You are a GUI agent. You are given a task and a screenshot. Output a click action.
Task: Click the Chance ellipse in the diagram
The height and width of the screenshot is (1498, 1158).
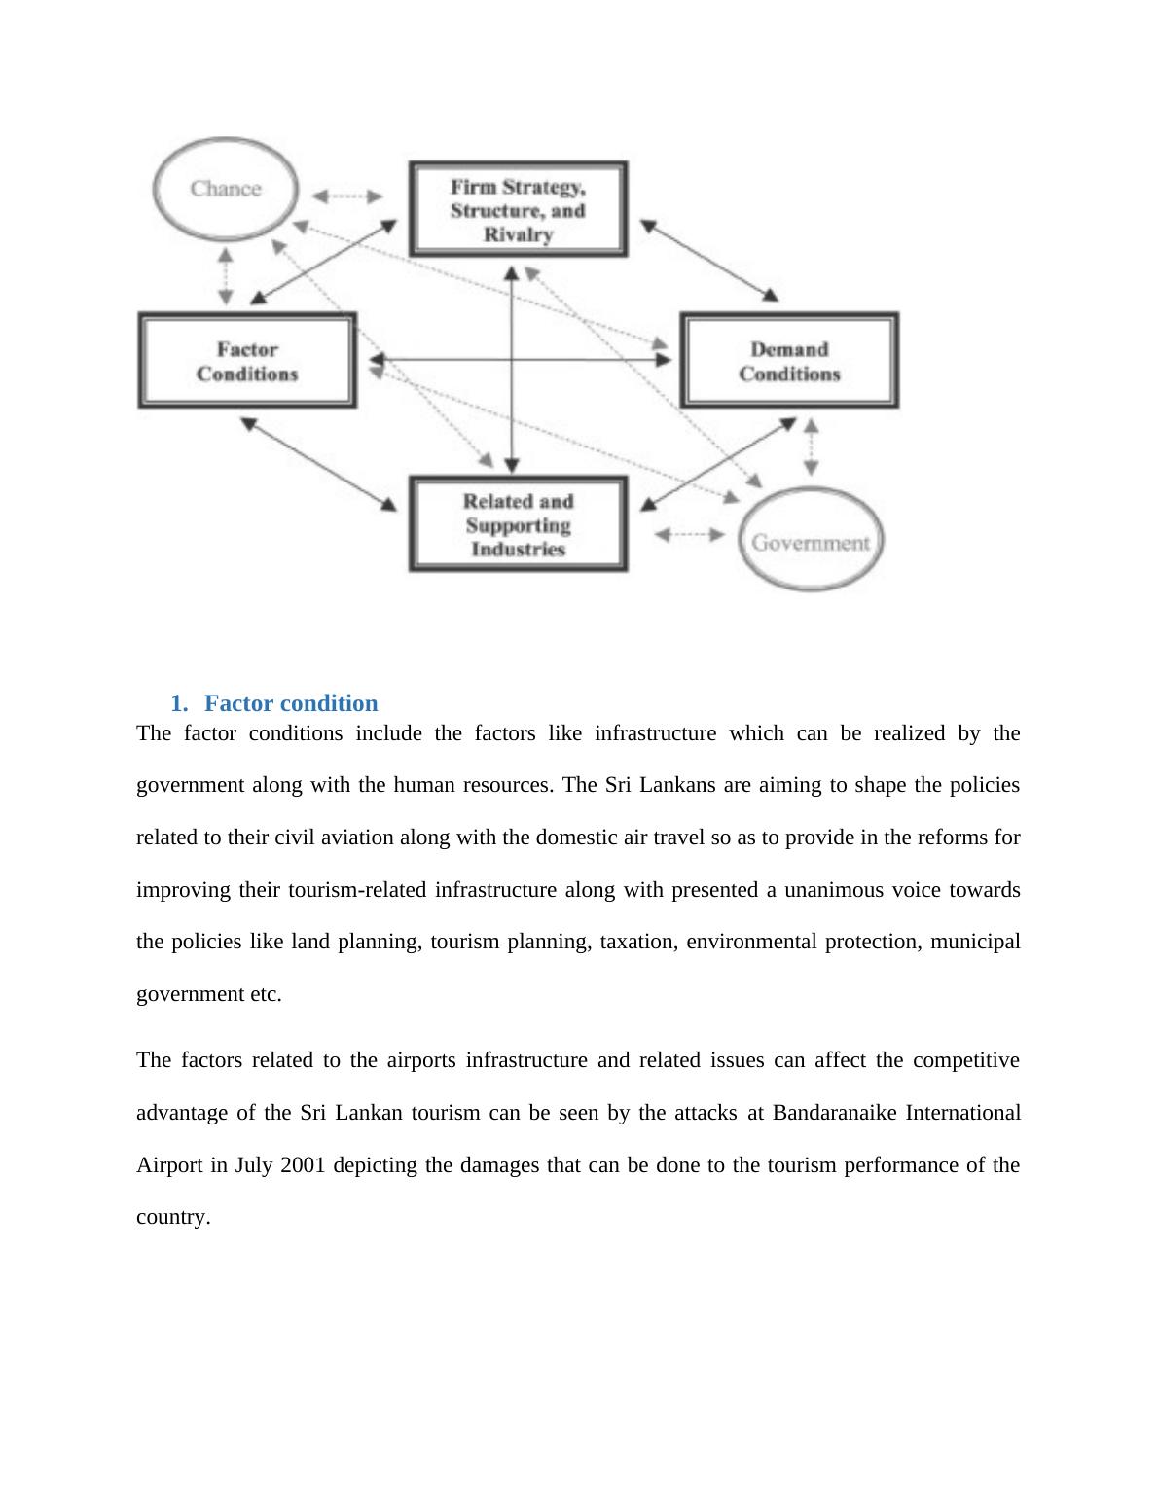point(225,189)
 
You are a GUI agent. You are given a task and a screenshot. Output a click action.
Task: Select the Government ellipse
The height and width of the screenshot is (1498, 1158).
point(810,542)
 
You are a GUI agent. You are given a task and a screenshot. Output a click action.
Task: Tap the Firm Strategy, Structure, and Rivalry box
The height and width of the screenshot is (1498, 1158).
point(518,210)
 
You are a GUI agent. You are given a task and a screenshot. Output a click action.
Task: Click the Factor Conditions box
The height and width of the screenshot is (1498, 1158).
point(247,361)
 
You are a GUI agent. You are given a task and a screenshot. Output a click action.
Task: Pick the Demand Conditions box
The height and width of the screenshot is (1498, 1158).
point(788,361)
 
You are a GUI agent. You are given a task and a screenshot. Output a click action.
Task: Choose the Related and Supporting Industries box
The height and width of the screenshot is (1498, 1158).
point(518,525)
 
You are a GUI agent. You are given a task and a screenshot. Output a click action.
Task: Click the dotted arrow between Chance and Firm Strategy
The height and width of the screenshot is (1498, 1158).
point(347,196)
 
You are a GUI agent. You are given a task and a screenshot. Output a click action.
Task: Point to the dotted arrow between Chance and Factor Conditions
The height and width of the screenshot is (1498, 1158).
point(226,276)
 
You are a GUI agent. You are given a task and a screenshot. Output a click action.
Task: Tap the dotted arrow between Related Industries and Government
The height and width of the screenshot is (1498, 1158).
point(689,535)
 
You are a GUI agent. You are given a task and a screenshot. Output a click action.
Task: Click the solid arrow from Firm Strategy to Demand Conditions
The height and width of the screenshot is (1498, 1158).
point(709,260)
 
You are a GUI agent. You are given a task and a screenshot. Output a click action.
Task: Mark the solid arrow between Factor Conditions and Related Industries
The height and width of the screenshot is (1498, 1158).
point(318,463)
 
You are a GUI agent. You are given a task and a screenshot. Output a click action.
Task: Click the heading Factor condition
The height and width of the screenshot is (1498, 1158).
point(291,703)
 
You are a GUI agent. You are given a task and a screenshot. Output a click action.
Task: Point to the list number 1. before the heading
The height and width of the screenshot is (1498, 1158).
point(178,703)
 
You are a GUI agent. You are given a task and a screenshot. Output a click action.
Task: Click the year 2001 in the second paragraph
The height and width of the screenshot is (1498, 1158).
point(303,1165)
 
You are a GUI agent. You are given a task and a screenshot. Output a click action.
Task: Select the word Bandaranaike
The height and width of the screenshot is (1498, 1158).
point(834,1113)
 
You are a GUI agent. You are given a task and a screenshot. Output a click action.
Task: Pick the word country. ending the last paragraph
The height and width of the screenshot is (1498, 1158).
point(173,1217)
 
